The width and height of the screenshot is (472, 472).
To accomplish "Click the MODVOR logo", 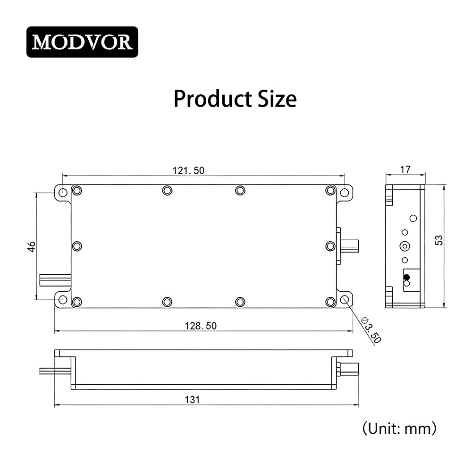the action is click(x=82, y=42).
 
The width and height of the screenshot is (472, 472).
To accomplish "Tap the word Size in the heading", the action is click(x=277, y=99).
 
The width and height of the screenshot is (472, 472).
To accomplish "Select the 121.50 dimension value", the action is click(x=188, y=171).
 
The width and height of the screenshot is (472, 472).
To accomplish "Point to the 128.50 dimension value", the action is click(x=201, y=326).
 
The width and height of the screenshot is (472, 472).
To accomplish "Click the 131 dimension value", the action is click(x=192, y=400).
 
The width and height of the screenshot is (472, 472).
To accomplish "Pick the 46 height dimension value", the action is click(x=32, y=246).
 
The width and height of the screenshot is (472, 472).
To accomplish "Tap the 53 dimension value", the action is click(x=439, y=240).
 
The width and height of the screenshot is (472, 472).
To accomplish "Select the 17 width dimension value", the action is click(x=405, y=170).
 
